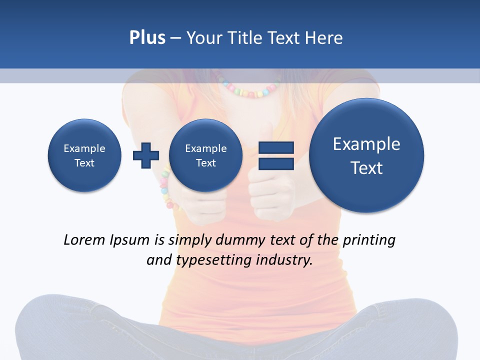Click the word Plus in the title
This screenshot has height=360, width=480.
147,38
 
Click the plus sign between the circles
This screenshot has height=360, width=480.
146,155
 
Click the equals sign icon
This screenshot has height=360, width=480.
276,155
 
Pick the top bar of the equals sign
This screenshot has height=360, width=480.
276,148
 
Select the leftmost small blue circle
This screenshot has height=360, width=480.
84,155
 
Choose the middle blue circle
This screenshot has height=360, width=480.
205,155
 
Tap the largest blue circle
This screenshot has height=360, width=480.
366,155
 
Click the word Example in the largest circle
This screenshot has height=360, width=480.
366,144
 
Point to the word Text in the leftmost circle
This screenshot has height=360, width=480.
84,163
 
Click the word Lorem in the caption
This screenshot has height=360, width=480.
85,240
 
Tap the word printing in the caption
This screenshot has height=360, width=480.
368,240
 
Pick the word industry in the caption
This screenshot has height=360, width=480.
284,260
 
